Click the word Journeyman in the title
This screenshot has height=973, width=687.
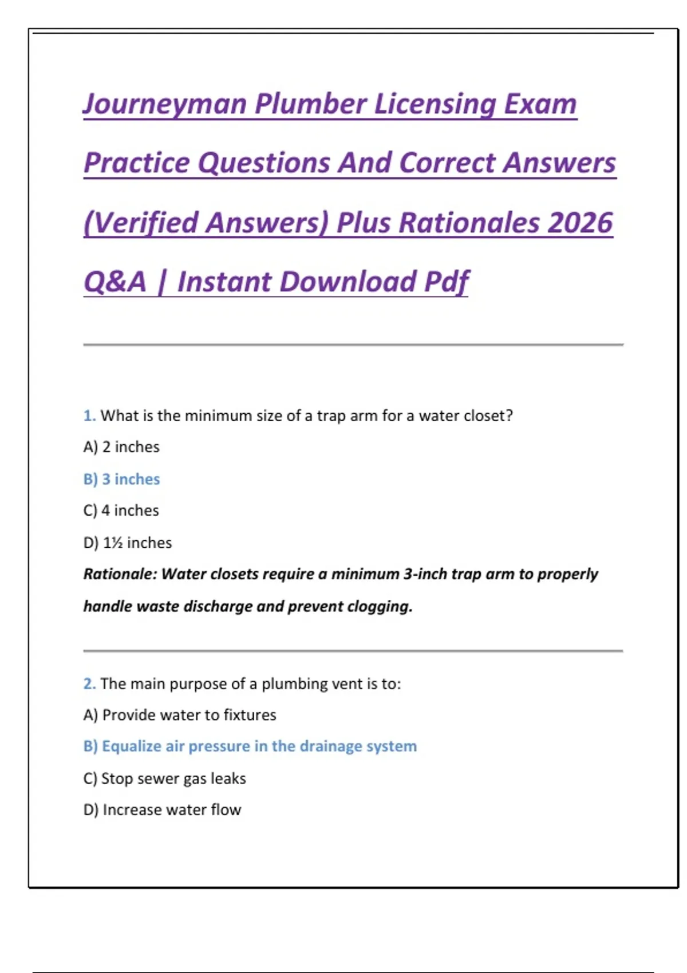click(165, 104)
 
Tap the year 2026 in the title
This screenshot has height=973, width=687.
click(580, 223)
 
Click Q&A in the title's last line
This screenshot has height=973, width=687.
click(115, 282)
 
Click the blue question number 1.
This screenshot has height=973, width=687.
click(89, 416)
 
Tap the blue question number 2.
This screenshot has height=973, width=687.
click(89, 684)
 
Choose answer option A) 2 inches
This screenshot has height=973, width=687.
click(121, 447)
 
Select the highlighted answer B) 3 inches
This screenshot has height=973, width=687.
click(121, 479)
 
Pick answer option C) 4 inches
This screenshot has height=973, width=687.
click(121, 511)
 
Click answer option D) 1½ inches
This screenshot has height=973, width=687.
click(128, 543)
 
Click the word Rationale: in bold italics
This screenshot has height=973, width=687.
click(120, 574)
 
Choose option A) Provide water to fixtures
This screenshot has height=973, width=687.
click(180, 715)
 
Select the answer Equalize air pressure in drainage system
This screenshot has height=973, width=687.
click(250, 746)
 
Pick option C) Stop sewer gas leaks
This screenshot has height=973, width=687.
click(165, 778)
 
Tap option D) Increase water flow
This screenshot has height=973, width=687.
click(163, 810)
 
